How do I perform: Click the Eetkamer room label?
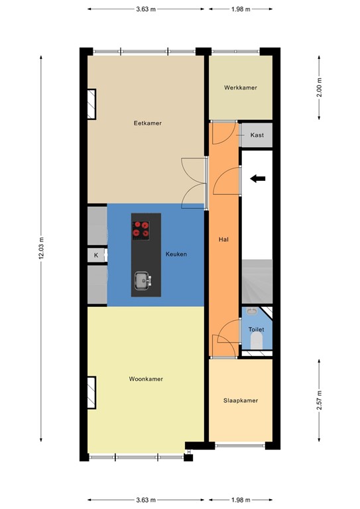(147, 123)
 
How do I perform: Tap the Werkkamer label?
(241, 87)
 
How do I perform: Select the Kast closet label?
(257, 135)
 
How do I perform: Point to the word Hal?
(223, 239)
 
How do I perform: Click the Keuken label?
(176, 254)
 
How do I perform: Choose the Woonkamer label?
(146, 379)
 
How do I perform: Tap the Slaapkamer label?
(241, 400)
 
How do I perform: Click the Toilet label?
(256, 329)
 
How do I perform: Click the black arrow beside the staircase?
(258, 178)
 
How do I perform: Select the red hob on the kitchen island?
(141, 229)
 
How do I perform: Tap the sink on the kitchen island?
(142, 280)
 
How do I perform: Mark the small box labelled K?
(96, 255)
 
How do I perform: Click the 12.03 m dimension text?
(41, 249)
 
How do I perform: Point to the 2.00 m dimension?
(320, 87)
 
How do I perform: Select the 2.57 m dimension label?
(320, 400)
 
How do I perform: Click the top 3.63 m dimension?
(146, 9)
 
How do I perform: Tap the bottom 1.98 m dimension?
(241, 500)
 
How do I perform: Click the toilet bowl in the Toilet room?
(257, 341)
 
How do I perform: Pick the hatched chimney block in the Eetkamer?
(91, 104)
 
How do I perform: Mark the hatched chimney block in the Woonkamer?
(91, 392)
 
